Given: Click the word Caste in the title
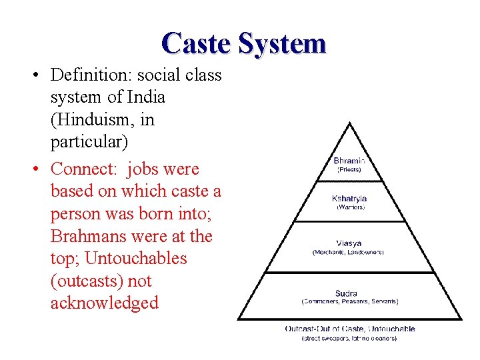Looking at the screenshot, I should click(x=196, y=43).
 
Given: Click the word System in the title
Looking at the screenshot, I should click(x=282, y=43).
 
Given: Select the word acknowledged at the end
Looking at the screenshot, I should click(x=104, y=303).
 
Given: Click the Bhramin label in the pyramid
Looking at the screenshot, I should click(x=349, y=161).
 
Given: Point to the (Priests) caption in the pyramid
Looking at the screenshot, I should click(x=349, y=170).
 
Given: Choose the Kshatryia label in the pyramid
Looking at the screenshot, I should click(x=349, y=199).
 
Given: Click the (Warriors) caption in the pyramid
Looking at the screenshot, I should click(x=349, y=207).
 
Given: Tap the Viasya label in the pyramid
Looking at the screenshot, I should click(x=349, y=243).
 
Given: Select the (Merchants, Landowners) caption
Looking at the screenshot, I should click(x=349, y=252).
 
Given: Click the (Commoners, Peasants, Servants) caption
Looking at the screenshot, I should click(x=350, y=301).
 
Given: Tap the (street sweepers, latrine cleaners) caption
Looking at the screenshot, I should click(x=349, y=338).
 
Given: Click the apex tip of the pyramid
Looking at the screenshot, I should click(x=350, y=123).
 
